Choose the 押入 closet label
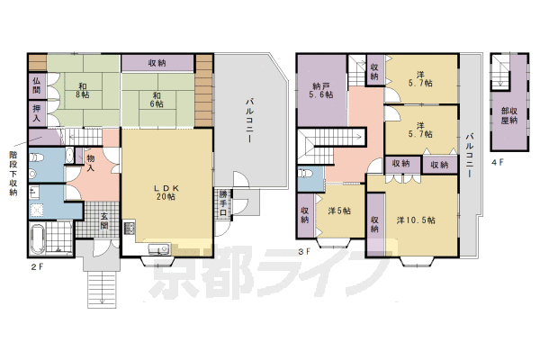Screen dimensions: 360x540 (37, 112)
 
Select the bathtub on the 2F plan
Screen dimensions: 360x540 (44, 240)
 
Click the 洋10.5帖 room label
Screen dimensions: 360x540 (416, 220)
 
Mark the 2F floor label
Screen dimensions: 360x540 (35, 267)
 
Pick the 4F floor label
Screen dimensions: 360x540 (498, 164)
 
